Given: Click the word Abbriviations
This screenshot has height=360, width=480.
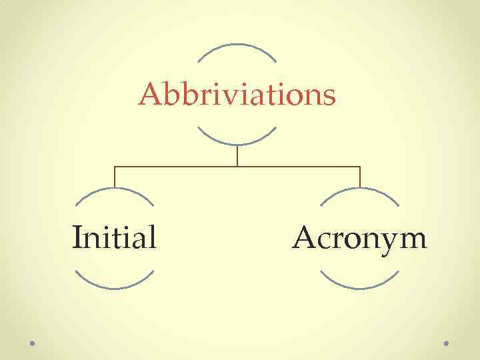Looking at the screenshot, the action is point(237,95).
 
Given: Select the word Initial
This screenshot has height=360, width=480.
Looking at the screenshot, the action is point(114,237).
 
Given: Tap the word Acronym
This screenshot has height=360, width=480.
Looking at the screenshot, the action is point(359,238).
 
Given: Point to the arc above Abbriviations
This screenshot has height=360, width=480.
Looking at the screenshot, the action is point(237,45).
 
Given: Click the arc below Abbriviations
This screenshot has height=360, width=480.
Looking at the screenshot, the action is point(237,143).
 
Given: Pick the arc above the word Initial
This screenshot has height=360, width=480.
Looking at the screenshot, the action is point(114,189).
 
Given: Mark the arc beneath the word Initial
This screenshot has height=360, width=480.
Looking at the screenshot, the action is point(114,287).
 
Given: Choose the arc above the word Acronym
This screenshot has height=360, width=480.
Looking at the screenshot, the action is point(360,189).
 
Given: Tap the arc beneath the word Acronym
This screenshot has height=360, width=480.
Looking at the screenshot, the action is point(360,287).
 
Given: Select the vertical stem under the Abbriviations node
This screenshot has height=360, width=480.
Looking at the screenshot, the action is point(237,155).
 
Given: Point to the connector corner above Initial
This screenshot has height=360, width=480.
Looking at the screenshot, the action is point(115,167).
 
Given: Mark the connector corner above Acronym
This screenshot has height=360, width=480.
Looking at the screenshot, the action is point(360,167).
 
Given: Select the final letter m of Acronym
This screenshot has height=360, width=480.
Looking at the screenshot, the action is point(413,239).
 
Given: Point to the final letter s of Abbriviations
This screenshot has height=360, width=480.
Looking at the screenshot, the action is point(329,97).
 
